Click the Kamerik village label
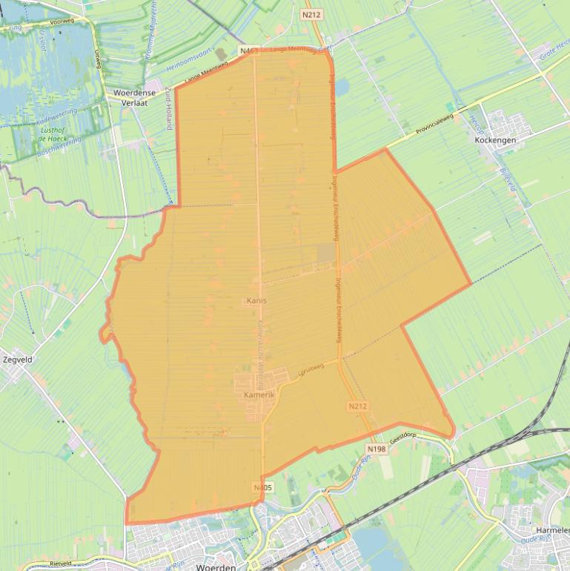[x=259, y=396]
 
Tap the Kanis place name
[x=256, y=300]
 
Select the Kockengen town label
[x=494, y=139]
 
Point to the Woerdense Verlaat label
[x=130, y=98]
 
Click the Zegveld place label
[x=18, y=359]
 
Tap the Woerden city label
[x=216, y=567]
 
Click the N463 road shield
[x=248, y=50]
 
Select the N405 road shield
[x=262, y=487]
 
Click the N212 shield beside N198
[x=357, y=406]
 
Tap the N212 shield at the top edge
[x=311, y=14]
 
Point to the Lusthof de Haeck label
[x=51, y=134]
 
